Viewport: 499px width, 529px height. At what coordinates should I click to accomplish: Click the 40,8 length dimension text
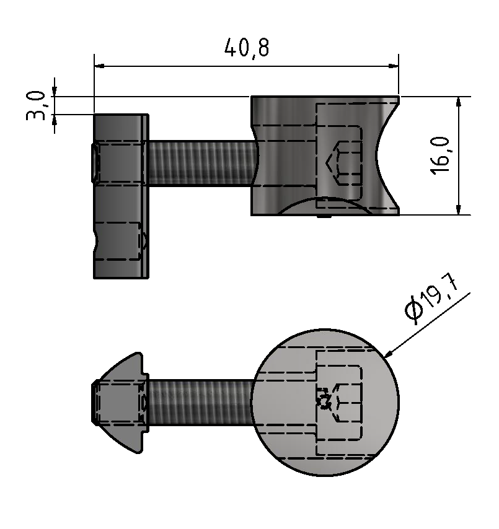(247, 48)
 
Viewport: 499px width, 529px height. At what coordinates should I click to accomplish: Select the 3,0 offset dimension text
(37, 105)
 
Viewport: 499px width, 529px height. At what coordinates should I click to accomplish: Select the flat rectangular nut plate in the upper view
(121, 196)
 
